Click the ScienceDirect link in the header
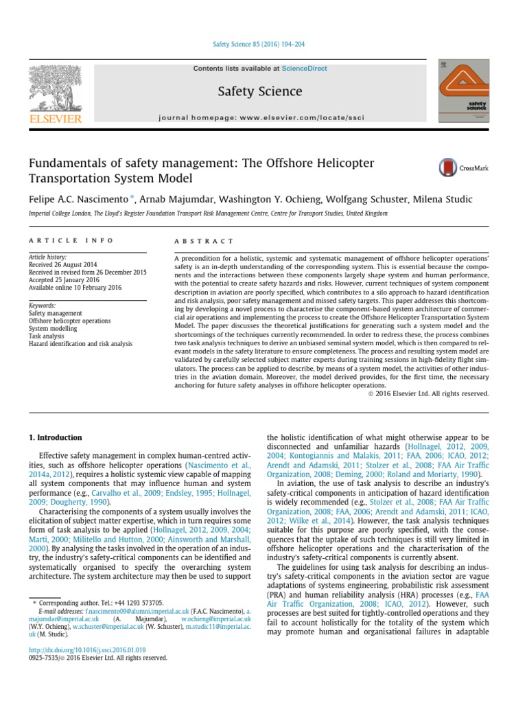point(303,69)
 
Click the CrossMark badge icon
point(448,168)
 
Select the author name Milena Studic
point(445,200)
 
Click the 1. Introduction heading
point(55,437)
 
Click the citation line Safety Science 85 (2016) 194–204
point(259,44)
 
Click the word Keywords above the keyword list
point(42,305)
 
